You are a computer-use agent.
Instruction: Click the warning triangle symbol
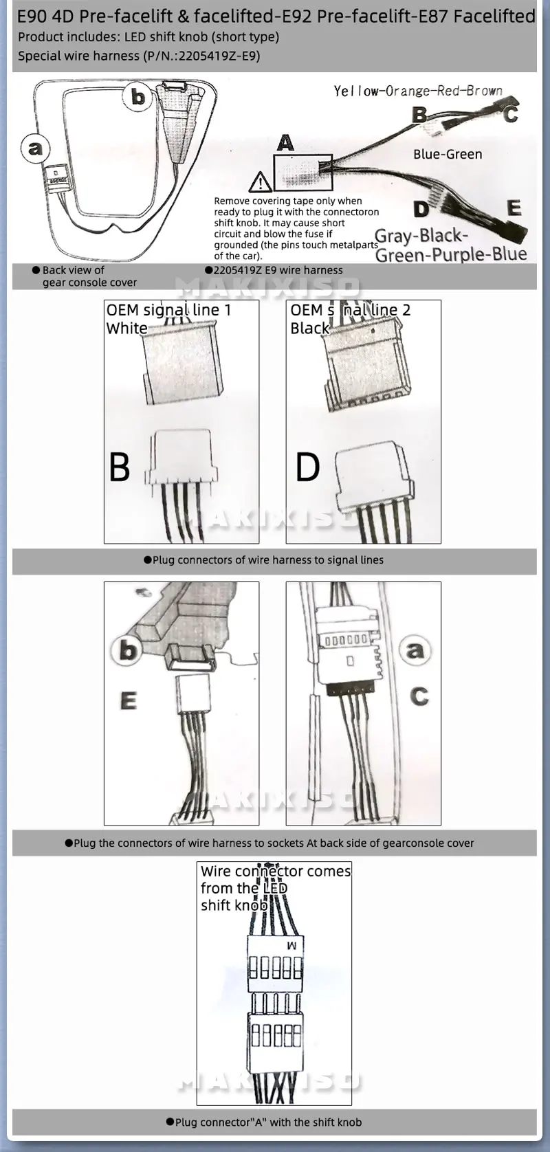260,182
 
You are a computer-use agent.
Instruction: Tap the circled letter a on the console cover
35,148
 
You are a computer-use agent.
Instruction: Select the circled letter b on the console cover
138,97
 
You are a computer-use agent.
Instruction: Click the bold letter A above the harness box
285,143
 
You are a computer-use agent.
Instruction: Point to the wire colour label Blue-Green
448,155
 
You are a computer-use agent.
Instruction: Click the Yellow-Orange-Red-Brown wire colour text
418,91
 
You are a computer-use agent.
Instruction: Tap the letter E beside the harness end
514,208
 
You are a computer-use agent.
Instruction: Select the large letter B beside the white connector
120,467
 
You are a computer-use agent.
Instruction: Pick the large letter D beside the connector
307,467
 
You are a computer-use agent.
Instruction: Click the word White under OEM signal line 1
126,328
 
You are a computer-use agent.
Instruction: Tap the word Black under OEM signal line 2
309,328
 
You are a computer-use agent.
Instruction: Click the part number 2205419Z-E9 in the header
219,56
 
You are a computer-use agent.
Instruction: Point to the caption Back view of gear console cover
84,276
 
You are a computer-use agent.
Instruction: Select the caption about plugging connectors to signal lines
263,560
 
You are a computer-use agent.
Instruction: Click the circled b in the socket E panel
129,650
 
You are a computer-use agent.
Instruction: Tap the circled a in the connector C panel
415,649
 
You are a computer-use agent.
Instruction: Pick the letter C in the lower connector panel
419,696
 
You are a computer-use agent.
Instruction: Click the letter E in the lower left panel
129,701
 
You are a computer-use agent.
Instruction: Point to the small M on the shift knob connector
292,946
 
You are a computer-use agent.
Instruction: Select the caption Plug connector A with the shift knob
263,1122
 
